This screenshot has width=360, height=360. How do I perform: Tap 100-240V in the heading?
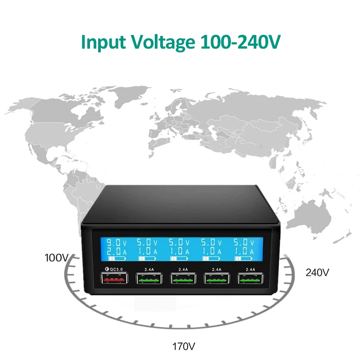click(241, 41)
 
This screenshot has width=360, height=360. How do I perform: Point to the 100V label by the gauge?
click(57, 258)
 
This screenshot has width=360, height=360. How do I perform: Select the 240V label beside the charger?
click(317, 273)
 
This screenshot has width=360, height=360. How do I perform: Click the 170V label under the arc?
click(184, 346)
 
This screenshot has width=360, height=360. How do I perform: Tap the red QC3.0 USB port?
click(114, 278)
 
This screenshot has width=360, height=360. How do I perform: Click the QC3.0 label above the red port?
click(114, 269)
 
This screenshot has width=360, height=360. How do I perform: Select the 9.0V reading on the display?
click(117, 243)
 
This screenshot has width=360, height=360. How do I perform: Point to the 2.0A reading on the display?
click(117, 252)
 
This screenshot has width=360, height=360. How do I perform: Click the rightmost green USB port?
click(250, 278)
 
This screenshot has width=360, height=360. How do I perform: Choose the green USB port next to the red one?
click(149, 278)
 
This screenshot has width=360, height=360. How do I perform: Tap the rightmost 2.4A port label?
click(250, 269)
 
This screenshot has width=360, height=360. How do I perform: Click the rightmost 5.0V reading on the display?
click(244, 243)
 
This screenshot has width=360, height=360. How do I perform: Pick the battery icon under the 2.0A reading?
click(117, 258)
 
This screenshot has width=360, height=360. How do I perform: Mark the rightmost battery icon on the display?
click(243, 258)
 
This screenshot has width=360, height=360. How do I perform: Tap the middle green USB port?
click(183, 278)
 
